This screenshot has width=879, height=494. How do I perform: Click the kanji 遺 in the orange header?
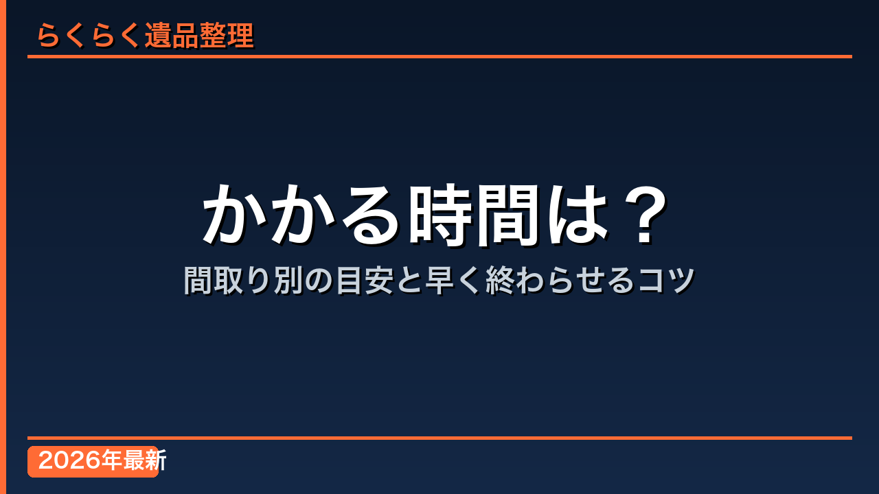click(158, 35)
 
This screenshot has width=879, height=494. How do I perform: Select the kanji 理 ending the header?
click(240, 35)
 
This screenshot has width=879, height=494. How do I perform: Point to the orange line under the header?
click(439, 56)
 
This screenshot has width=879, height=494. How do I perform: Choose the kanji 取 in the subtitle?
click(229, 280)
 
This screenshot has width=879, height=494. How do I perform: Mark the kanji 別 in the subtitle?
click(288, 280)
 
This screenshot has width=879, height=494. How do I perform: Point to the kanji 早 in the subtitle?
click(439, 280)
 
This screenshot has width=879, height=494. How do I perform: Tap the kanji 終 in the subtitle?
click(500, 280)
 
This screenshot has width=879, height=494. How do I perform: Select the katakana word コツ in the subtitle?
click(666, 280)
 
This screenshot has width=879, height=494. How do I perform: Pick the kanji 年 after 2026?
click(111, 460)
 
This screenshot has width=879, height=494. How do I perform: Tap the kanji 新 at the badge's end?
click(155, 460)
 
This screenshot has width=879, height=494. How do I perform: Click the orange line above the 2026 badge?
click(439, 438)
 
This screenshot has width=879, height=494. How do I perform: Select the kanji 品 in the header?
click(185, 35)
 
